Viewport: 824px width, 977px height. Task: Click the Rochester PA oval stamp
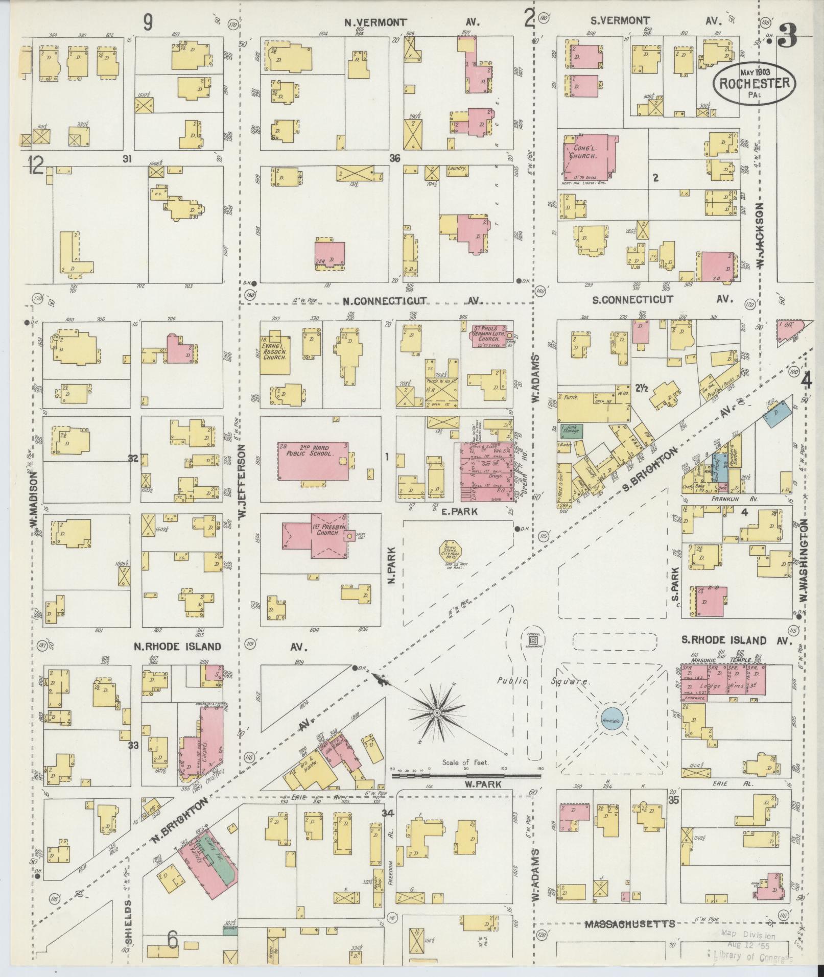(754, 83)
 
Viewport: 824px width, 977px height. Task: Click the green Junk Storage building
(570, 431)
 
